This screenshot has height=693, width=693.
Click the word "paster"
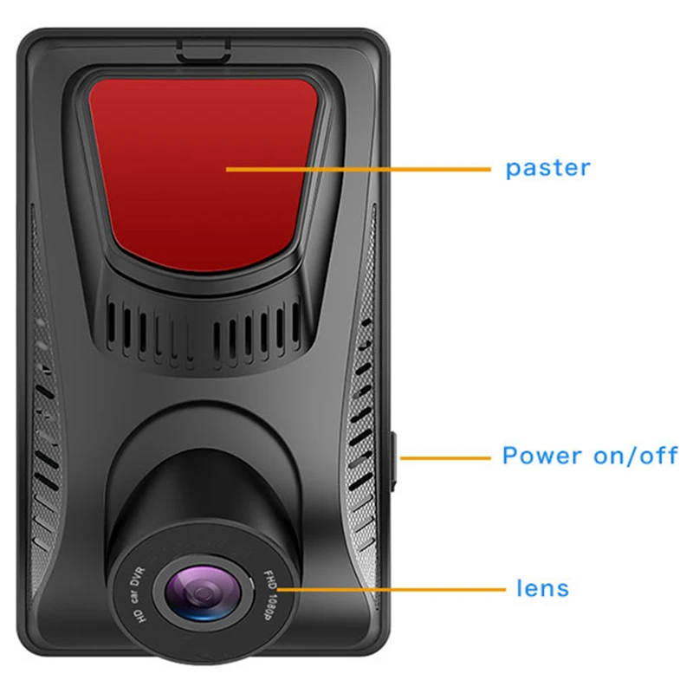pos(547,167)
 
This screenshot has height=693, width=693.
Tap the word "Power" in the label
pos(543,456)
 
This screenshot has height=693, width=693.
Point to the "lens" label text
pos(542,589)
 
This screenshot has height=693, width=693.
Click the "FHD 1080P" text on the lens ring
pos(263,592)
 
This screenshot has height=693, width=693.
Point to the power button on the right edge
pos(394,457)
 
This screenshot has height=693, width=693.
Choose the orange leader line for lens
pos(390,590)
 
